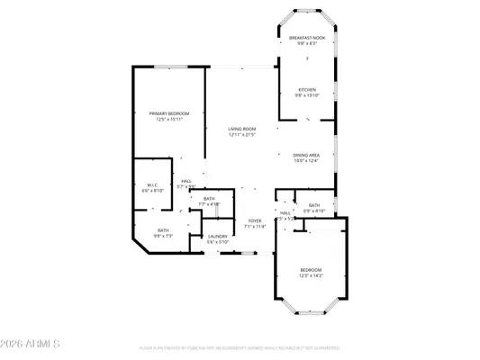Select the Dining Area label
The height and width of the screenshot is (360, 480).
tap(306, 155)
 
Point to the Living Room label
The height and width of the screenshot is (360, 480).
tap(241, 130)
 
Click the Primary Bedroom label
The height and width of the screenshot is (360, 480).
tap(169, 112)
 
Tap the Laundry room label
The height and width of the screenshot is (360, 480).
tap(218, 237)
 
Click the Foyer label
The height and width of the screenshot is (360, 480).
tap(255, 220)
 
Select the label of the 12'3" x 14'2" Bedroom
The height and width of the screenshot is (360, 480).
tap(311, 270)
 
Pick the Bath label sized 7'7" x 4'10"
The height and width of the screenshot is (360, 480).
tap(209, 199)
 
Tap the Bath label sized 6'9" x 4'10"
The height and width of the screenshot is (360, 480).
tap(313, 205)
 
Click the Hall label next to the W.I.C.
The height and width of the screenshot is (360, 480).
tap(186, 181)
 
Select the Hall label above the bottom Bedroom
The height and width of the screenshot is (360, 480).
tap(285, 213)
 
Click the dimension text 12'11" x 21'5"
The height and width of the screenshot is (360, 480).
tap(241, 135)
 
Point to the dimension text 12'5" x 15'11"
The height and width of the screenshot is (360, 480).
tap(169, 118)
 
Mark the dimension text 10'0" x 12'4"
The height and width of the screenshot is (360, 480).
tap(306, 160)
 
